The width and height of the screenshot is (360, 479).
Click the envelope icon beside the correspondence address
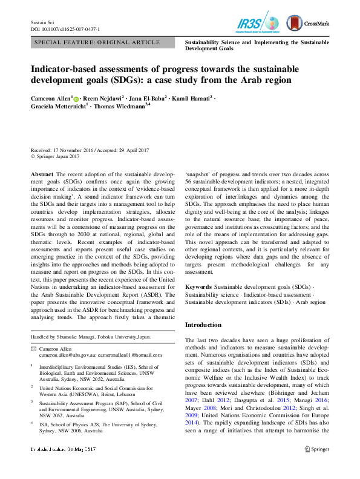(x=33, y=349)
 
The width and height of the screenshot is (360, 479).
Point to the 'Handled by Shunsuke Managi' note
(x=91, y=337)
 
